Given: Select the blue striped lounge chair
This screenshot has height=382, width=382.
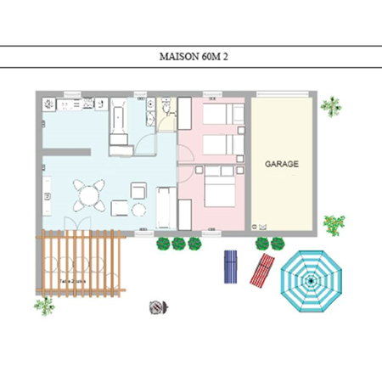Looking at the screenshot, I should coord(230,267).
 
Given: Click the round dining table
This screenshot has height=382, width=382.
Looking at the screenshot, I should coord(88,194).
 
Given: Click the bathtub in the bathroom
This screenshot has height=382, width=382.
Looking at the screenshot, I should coord(118,120).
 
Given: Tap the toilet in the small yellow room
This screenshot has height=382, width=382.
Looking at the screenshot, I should coord(167,107).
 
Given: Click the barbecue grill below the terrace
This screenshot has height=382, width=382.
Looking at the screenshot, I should coord(156,307).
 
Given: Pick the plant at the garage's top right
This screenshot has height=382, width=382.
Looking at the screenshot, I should coord(330,106).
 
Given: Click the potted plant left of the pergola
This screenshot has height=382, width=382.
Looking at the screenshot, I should coord(43,304).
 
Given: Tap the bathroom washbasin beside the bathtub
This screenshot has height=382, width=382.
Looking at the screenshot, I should coord(149,106).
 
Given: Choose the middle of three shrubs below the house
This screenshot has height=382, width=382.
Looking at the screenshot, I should coord(178,244).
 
